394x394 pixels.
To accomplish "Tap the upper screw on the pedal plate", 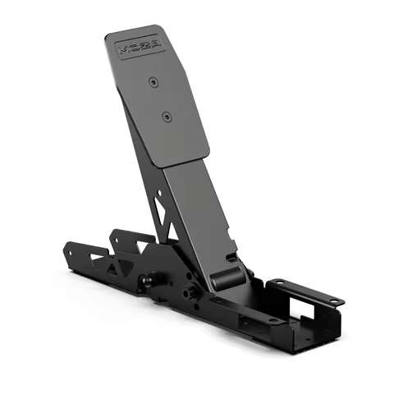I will point(152,82).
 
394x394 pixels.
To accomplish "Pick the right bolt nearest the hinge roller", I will point(191,291).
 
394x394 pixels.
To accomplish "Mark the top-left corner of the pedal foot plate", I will point(108,36).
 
